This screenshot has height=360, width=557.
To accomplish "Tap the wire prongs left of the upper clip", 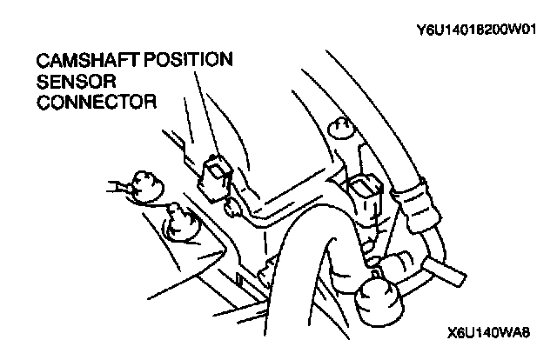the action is pos(117,184).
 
